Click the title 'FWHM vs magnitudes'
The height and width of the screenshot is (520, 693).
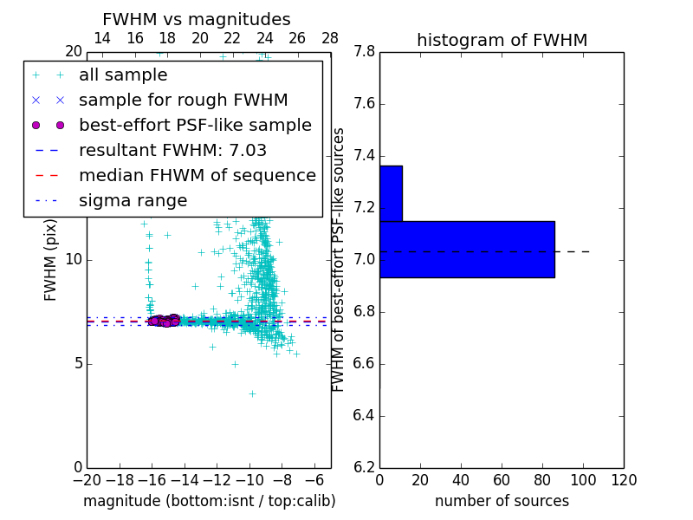tap(197, 19)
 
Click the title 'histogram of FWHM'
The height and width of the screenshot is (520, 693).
tap(502, 40)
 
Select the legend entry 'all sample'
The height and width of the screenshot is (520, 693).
tap(123, 75)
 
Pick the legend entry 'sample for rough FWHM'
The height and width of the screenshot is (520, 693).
tap(183, 101)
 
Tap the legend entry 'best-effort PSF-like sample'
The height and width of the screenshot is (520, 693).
tap(195, 125)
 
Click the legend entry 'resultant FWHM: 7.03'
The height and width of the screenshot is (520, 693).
tap(172, 150)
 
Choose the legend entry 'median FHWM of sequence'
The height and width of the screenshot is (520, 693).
tap(197, 175)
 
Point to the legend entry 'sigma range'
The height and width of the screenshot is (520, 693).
tap(133, 200)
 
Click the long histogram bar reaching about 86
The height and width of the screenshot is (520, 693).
tap(467, 249)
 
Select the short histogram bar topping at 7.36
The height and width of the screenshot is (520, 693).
tap(391, 193)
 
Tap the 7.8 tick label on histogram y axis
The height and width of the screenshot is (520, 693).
tap(364, 52)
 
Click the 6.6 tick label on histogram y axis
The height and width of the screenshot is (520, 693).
tap(364, 364)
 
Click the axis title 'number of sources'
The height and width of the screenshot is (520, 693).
tap(502, 501)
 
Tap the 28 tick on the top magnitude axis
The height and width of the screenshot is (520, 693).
tap(330, 38)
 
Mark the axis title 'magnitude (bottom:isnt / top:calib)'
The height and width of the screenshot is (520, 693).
tap(209, 501)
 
